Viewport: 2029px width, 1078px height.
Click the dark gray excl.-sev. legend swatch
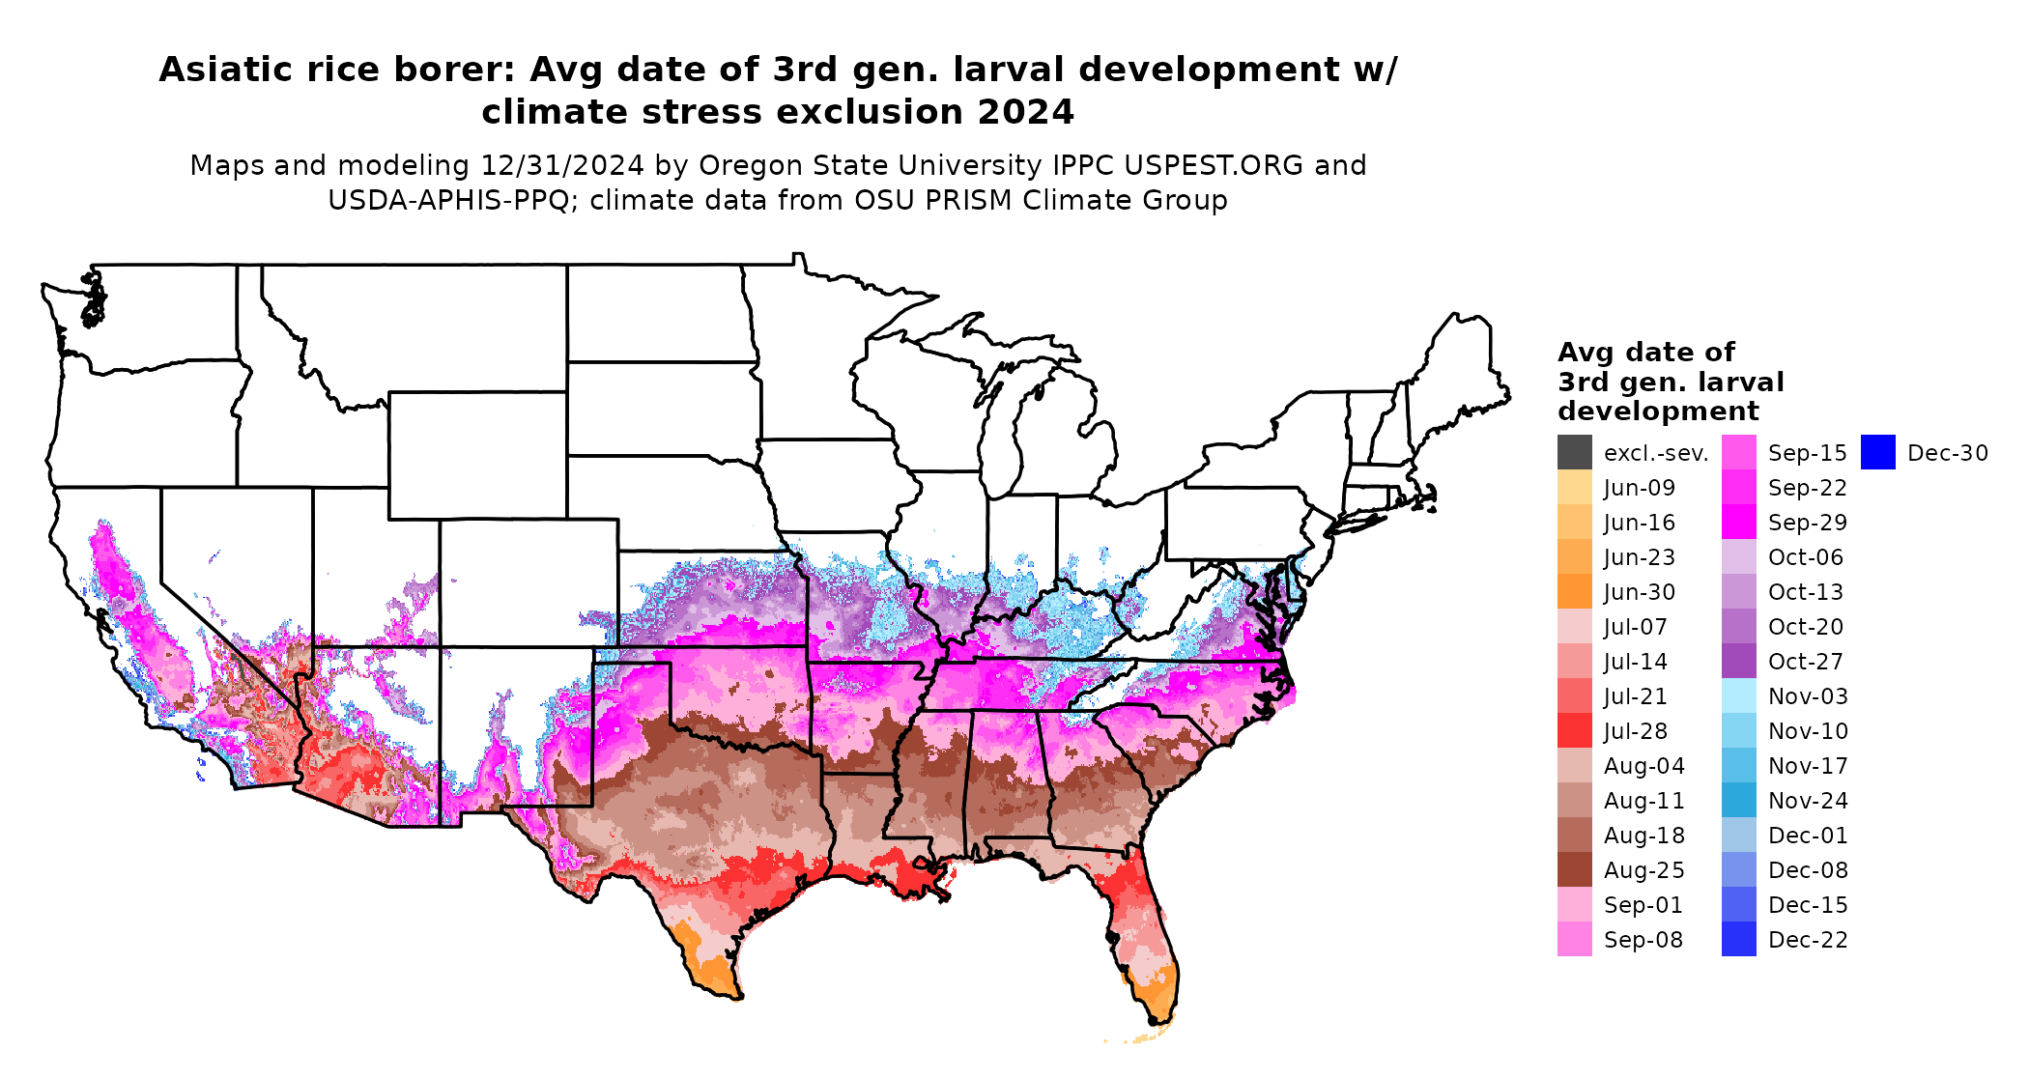tap(1574, 453)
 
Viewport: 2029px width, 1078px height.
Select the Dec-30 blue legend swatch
tap(1877, 453)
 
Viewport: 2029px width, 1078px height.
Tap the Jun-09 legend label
tap(1639, 488)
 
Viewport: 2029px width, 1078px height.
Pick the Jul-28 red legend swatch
tap(1574, 731)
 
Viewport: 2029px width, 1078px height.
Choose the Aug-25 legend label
tap(1643, 870)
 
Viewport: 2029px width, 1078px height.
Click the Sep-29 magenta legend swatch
tap(1738, 523)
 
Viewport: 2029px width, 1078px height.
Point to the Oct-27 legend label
tap(1805, 662)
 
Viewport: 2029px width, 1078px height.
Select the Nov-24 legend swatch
tap(1738, 801)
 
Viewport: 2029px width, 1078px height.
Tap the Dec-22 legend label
tap(1807, 940)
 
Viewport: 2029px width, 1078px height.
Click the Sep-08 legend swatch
tap(1574, 940)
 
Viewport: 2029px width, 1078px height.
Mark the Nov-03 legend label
tap(1807, 696)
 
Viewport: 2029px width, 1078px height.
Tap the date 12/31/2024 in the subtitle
tap(561, 166)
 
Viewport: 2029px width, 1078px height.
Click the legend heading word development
tap(1658, 411)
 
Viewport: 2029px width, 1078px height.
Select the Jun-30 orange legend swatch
tap(1574, 592)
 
